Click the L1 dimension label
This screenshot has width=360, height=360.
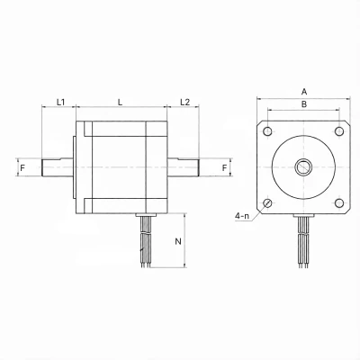(61, 102)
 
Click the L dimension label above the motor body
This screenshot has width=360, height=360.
(121, 102)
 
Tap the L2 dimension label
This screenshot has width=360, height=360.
(185, 102)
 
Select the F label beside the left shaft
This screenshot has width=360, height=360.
(22, 167)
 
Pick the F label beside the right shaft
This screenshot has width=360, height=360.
(225, 167)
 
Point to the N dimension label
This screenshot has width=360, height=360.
(178, 241)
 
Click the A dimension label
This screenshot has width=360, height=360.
(304, 91)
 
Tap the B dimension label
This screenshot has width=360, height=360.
(304, 104)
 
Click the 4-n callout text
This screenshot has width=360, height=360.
(242, 215)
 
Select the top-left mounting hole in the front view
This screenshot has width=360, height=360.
(267, 131)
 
